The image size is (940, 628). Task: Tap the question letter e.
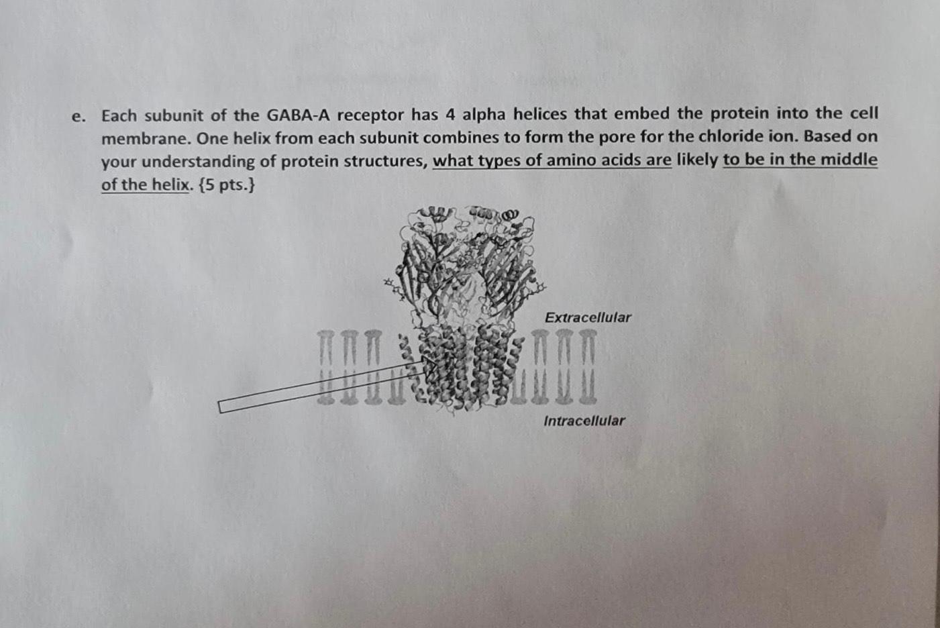click(79, 117)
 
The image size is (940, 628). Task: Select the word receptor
click(375, 115)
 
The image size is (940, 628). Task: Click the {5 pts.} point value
click(227, 185)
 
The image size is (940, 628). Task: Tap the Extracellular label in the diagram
click(588, 317)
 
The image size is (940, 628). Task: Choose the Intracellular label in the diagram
click(584, 421)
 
